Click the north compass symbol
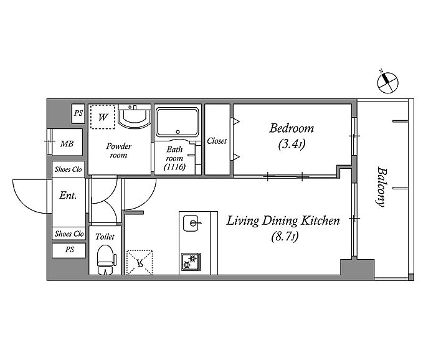(x=387, y=82)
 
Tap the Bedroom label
(x=291, y=128)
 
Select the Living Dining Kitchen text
(x=283, y=220)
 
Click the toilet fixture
(x=106, y=260)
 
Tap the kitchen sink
(x=191, y=223)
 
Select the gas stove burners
(x=191, y=262)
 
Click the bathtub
(x=178, y=122)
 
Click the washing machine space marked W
(x=102, y=116)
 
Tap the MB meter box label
(x=67, y=144)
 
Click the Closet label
(x=217, y=141)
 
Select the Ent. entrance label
(x=68, y=196)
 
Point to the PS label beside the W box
(x=78, y=113)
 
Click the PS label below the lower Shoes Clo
(x=70, y=249)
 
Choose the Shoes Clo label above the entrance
(x=68, y=169)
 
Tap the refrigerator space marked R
(x=140, y=262)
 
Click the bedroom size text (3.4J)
(x=291, y=144)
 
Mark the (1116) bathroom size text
(x=174, y=167)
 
